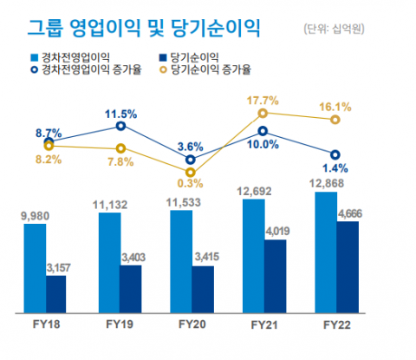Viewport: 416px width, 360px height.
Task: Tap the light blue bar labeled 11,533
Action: click(180, 260)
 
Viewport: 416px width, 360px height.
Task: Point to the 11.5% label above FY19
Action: click(121, 114)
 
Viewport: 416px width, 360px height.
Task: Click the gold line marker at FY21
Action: click(263, 114)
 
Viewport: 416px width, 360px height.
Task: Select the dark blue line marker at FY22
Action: click(335, 154)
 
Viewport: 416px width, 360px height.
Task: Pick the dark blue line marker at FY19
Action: click(120, 127)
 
